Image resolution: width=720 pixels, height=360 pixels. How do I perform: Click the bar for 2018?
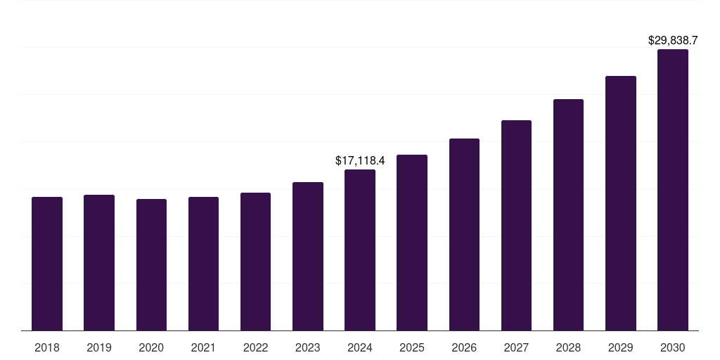click(47, 264)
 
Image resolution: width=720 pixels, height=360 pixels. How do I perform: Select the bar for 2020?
click(151, 265)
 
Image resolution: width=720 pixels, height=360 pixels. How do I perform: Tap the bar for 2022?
click(255, 262)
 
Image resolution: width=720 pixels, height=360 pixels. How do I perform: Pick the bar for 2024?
click(360, 250)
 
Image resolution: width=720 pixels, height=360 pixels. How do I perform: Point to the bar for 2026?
click(464, 235)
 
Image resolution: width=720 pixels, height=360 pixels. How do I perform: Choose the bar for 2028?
click(568, 215)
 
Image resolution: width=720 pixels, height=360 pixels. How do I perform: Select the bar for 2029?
click(621, 203)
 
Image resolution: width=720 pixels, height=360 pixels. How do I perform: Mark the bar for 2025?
click(412, 243)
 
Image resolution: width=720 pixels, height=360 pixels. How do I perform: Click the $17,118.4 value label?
click(360, 161)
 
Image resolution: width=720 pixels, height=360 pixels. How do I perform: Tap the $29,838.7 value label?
click(673, 41)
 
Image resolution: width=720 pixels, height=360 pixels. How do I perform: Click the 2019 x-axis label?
click(99, 347)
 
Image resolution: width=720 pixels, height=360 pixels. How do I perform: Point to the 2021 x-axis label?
click(203, 347)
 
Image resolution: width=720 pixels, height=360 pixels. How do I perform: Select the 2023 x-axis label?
click(308, 347)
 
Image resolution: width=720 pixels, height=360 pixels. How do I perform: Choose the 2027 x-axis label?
click(516, 347)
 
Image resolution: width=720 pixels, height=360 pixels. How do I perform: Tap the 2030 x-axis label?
click(673, 347)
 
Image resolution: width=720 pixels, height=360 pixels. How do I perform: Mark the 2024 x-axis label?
click(360, 347)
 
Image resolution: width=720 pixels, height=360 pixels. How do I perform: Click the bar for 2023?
click(308, 257)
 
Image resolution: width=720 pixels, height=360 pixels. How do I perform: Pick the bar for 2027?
click(516, 226)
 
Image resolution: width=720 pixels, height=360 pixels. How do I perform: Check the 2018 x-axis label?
click(47, 347)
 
